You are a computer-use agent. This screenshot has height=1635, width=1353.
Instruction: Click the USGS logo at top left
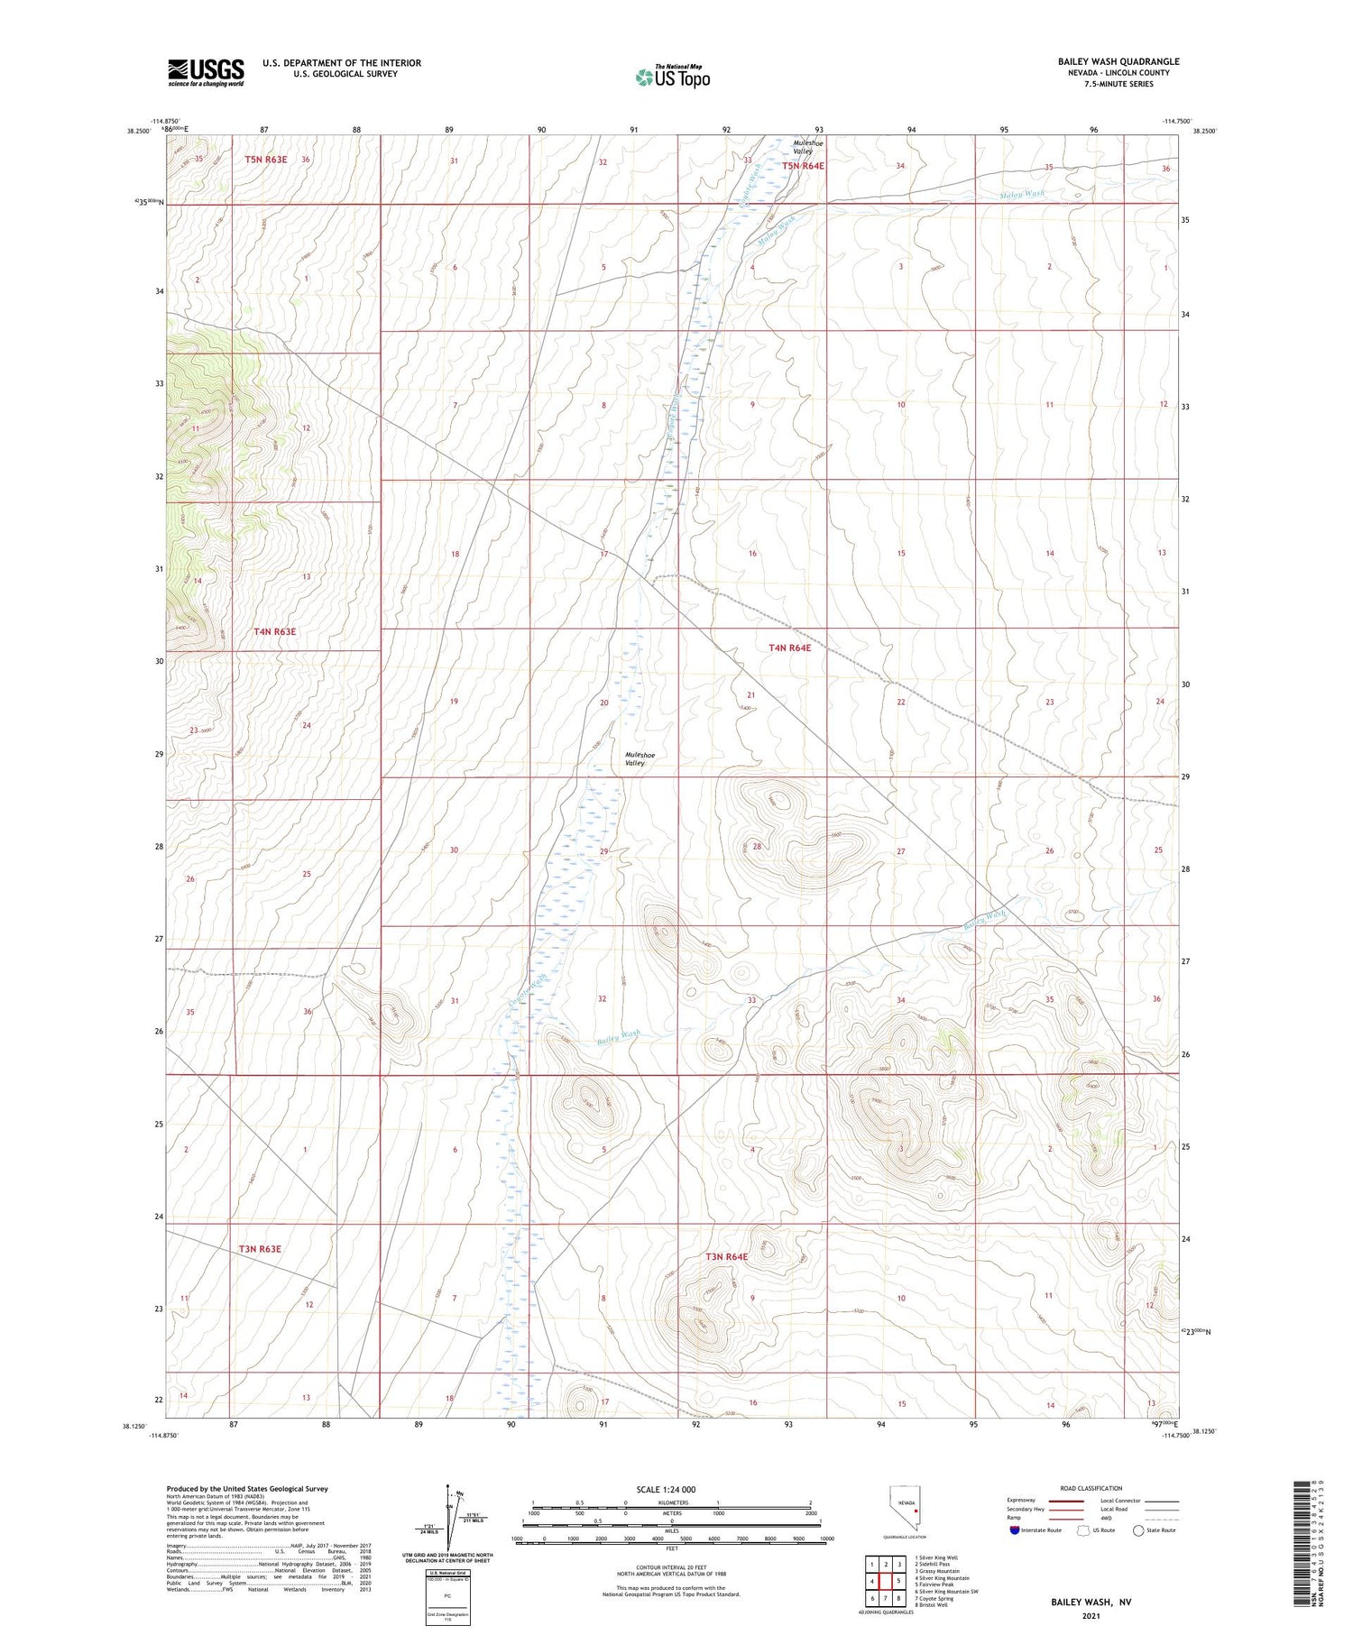tap(206, 72)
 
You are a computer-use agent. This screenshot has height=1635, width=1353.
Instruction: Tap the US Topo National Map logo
tap(672, 78)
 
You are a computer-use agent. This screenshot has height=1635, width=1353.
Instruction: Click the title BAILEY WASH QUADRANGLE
tap(1118, 61)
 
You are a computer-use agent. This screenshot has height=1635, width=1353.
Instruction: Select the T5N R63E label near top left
tap(265, 160)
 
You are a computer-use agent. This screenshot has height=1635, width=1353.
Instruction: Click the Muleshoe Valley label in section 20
tap(635, 758)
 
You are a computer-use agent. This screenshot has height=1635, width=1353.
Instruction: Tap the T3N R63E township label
tap(260, 1249)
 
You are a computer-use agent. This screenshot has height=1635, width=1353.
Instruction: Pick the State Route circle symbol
tap(1138, 1530)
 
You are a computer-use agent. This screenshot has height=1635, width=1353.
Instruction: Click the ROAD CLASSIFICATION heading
tap(1091, 1488)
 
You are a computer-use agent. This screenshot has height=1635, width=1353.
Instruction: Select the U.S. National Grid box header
tap(447, 1573)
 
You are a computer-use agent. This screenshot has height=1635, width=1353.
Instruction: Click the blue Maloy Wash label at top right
tap(1022, 194)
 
